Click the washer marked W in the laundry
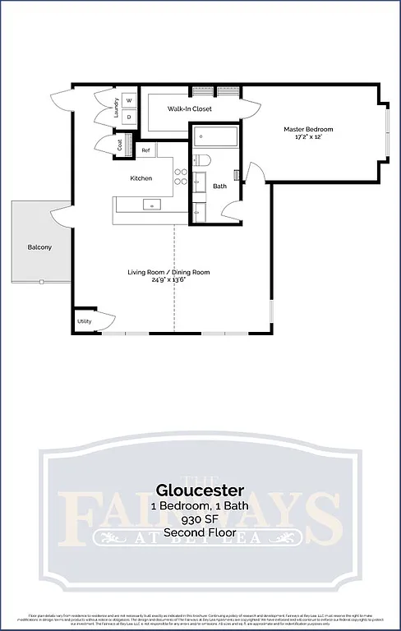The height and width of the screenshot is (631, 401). [x=129, y=101]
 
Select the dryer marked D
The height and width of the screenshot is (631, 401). [x=129, y=117]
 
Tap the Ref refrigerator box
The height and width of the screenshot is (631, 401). [x=145, y=150]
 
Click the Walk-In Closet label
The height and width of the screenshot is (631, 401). [x=190, y=108]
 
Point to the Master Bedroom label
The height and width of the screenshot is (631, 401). [x=308, y=129]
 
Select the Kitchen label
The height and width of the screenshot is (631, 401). [x=141, y=178]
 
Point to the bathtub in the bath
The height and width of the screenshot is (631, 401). [x=216, y=136]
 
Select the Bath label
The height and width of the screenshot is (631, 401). [x=219, y=186]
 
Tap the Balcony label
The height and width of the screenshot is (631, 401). [x=40, y=246]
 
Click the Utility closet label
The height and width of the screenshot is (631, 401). [x=84, y=321]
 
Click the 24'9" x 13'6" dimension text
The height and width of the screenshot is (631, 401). [x=168, y=279]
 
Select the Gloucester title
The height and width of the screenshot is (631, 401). [x=200, y=491]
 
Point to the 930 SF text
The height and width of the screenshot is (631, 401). [x=200, y=519]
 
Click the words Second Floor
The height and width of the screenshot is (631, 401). [x=200, y=532]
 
